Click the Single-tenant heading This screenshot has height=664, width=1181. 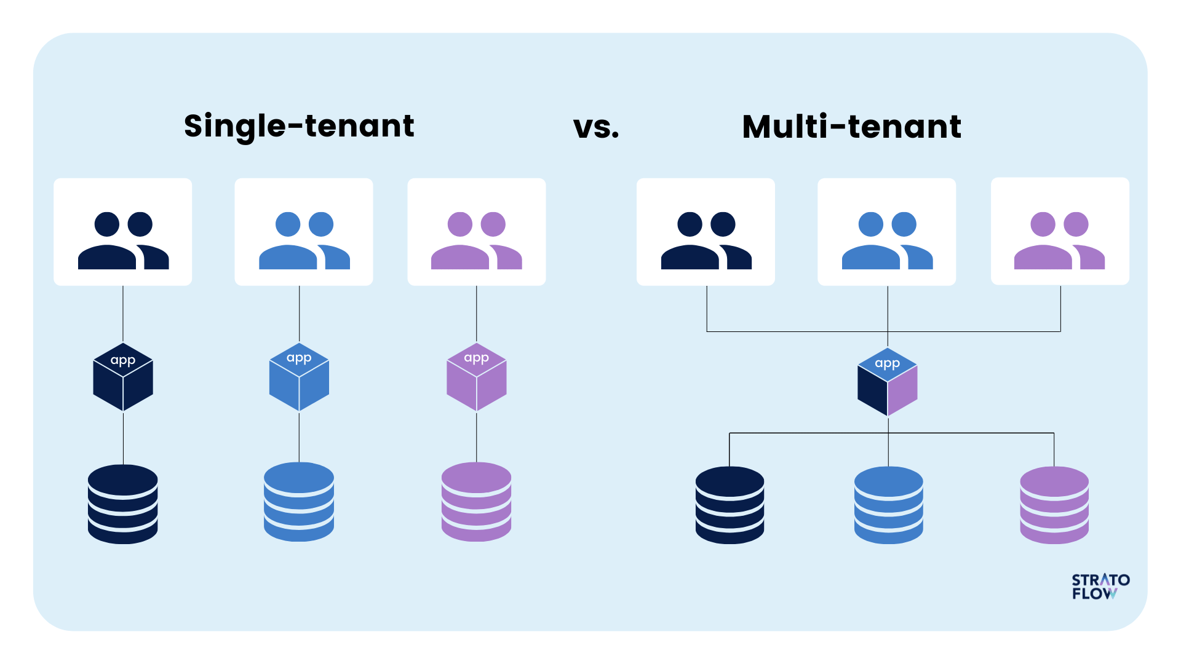coord(299,126)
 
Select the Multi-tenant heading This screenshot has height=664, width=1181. coord(851,127)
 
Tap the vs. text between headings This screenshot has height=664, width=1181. coord(596,127)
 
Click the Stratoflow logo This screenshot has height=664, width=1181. coord(1100,587)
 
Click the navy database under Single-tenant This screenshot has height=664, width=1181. coord(123,504)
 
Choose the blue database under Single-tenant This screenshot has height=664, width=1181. coord(299,502)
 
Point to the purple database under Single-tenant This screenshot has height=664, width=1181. coord(476,502)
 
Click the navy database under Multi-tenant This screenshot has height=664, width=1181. coord(730,505)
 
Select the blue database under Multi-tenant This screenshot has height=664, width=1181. coord(888,505)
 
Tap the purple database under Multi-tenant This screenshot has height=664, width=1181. coord(1054,505)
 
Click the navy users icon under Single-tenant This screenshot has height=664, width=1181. coord(123,240)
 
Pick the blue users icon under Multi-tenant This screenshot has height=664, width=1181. coord(887,240)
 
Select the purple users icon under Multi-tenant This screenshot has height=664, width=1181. coord(1059,240)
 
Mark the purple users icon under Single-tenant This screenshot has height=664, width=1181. coord(476,240)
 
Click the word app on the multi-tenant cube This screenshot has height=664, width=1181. coord(887,363)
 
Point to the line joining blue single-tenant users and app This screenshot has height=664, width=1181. coord(300,314)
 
